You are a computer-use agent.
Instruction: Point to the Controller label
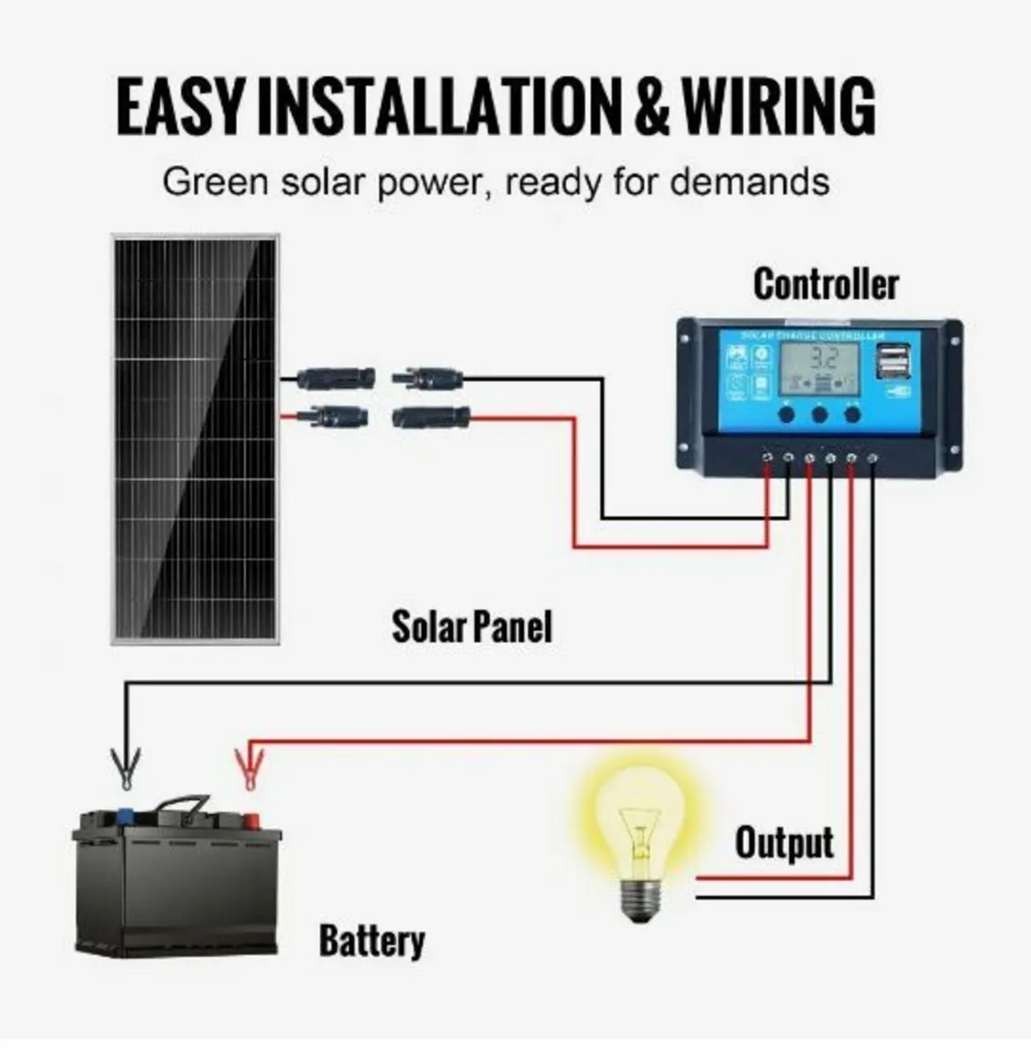(826, 284)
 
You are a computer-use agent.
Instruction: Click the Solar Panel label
(472, 627)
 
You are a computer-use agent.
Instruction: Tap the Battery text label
(372, 941)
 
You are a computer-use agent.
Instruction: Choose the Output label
(784, 842)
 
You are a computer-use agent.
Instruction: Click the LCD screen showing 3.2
(821, 367)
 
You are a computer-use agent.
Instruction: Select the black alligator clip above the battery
(126, 767)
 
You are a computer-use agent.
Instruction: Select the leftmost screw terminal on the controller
(767, 458)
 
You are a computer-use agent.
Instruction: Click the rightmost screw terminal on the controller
(872, 458)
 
